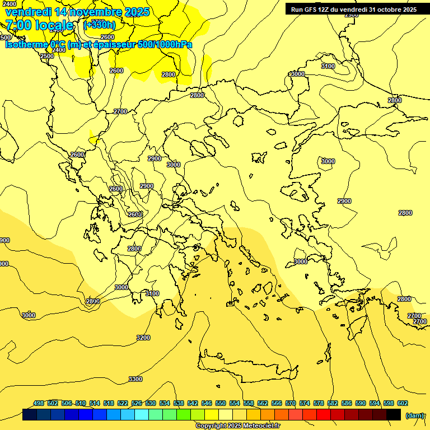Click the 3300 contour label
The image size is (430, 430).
tap(135, 379)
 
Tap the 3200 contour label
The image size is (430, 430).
tap(143, 338)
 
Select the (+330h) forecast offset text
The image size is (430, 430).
tap(100, 25)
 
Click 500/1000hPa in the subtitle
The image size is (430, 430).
tap(166, 44)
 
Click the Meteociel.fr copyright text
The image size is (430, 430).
tap(246, 426)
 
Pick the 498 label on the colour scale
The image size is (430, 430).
tap(39, 403)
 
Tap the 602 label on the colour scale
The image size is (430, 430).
tap(403, 403)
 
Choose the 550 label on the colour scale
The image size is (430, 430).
tap(221, 403)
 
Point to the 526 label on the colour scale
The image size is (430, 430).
tap(137, 403)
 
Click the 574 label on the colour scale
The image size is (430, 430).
tap(305, 403)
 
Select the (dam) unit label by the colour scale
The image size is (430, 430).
tap(414, 415)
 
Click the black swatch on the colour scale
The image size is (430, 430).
tap(394, 415)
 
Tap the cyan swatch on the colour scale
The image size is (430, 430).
tap(142, 415)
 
